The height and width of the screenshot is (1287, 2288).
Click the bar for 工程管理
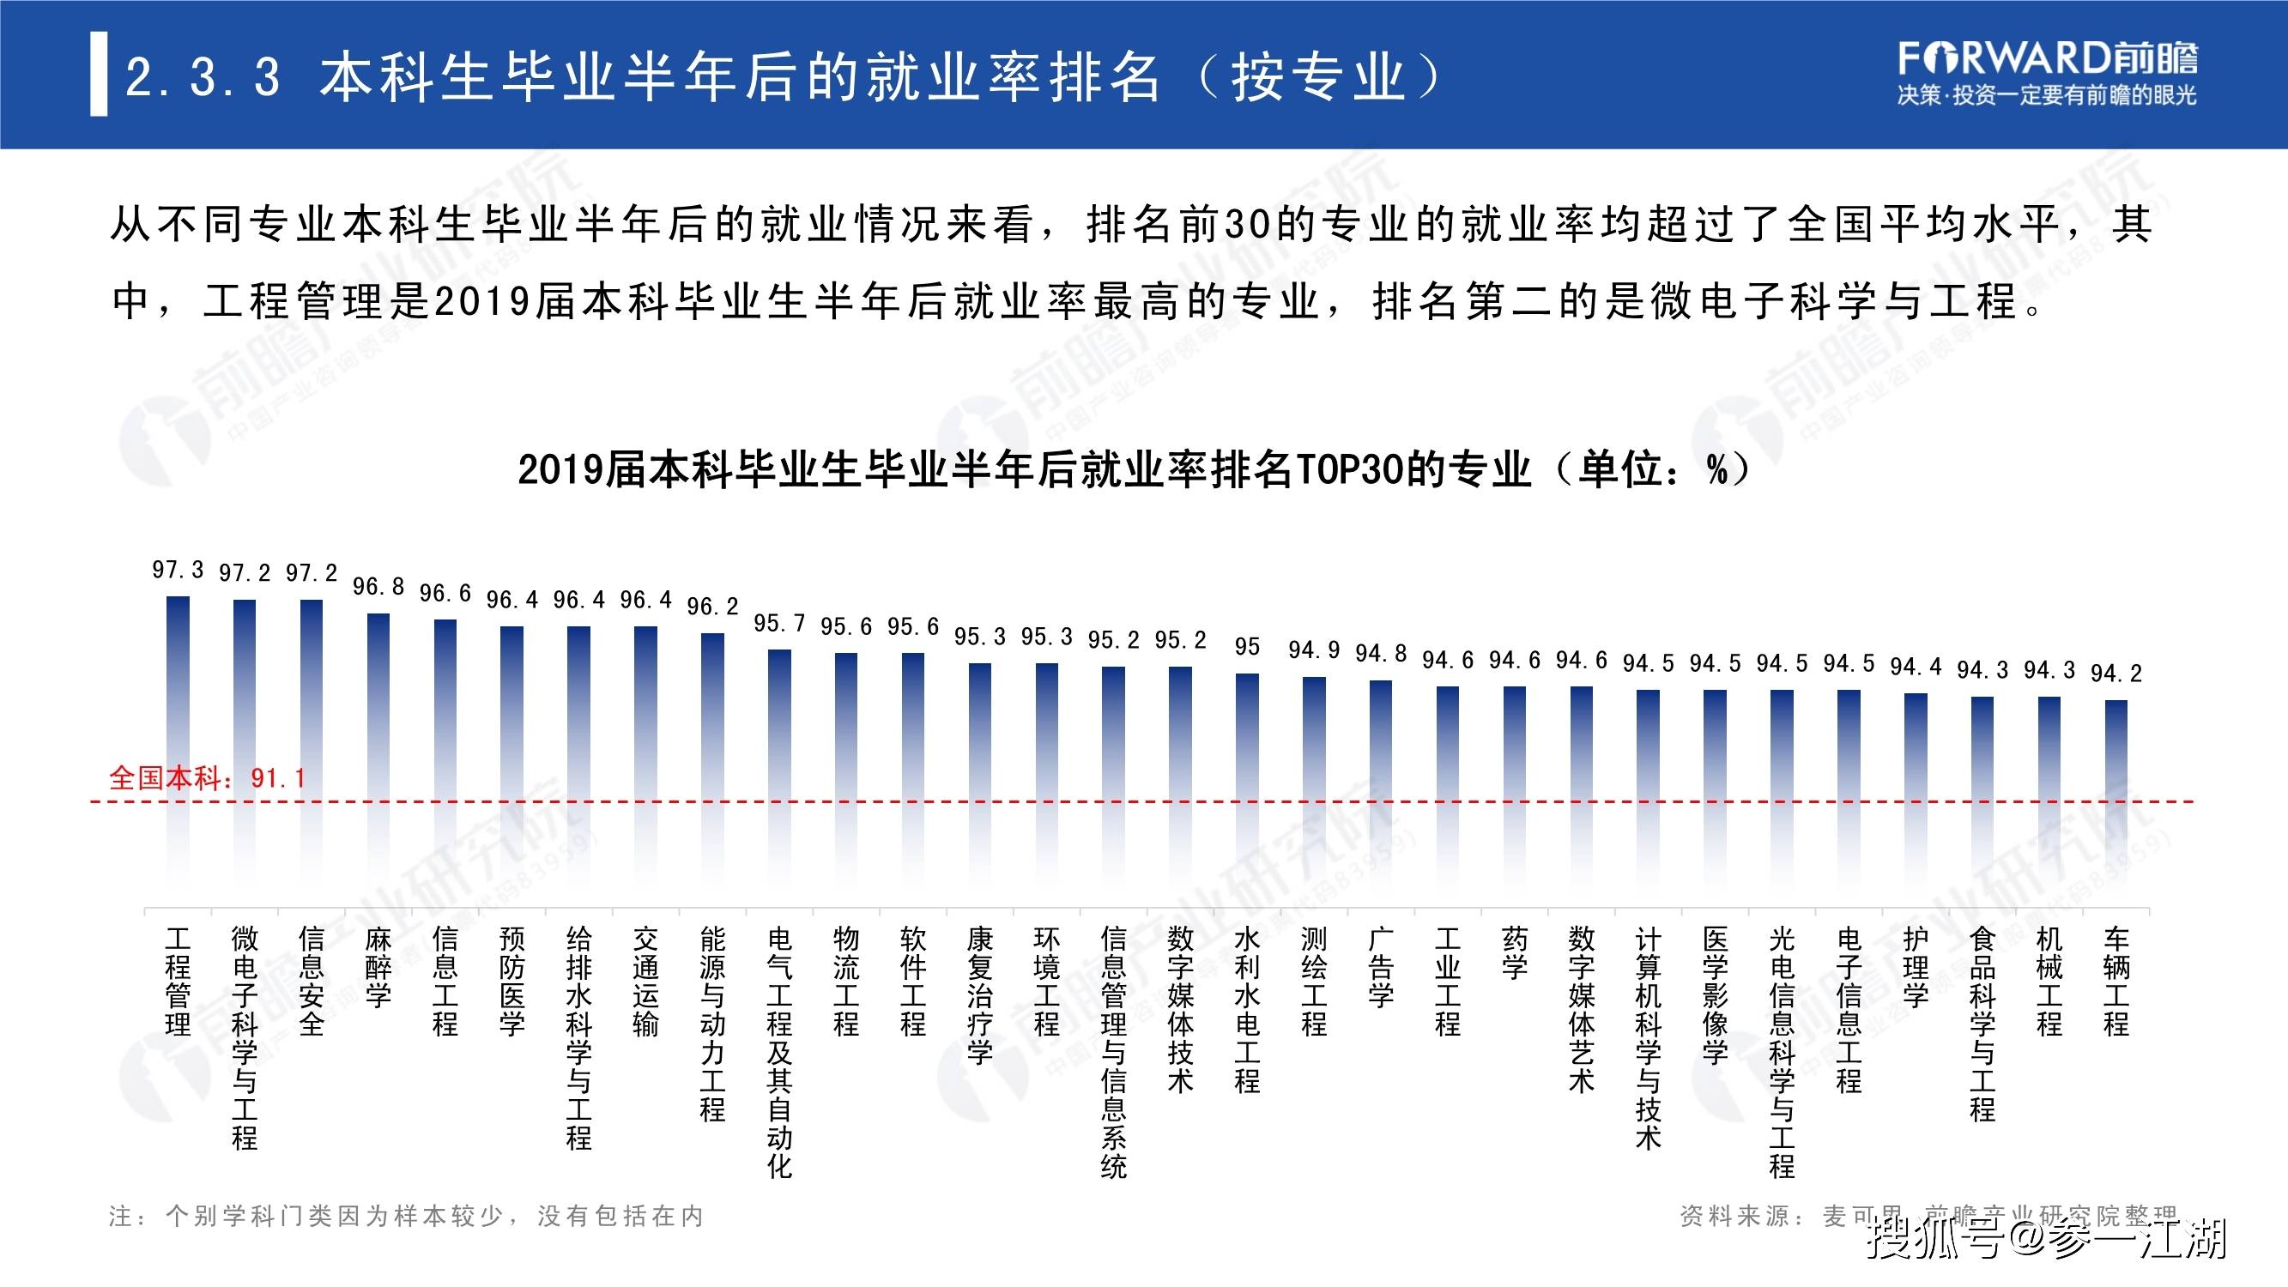point(178,746)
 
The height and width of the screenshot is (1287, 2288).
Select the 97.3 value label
point(178,570)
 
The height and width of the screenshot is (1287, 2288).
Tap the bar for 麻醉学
point(378,755)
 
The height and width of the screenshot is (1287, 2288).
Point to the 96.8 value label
point(378,586)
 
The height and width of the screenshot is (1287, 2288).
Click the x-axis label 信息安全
point(311,981)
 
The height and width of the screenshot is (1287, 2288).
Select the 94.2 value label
point(2115,674)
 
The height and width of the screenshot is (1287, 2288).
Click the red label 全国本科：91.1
point(207,778)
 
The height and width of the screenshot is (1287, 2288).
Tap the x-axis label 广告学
point(1380,967)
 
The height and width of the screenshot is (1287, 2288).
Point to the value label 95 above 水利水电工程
point(1247,647)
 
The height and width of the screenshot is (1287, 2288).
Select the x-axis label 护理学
point(1915,967)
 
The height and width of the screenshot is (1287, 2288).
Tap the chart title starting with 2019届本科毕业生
point(1135,469)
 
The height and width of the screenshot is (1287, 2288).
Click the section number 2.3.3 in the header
point(203,76)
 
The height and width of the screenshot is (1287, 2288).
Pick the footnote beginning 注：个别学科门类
point(406,1216)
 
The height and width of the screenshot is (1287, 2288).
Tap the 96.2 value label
point(712,606)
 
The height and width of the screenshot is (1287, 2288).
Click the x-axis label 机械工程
point(2049,981)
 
